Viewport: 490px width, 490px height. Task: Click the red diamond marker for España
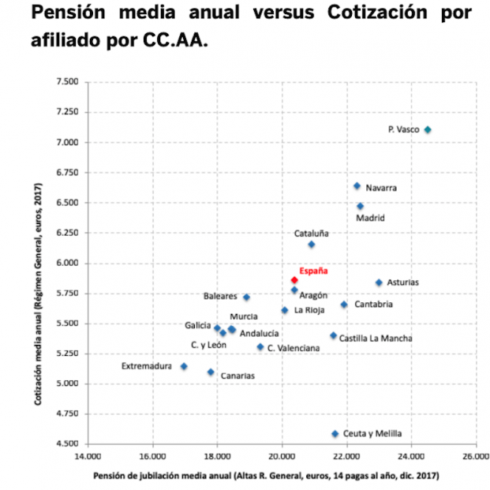[x=294, y=280]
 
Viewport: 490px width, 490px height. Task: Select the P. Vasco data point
[x=428, y=129]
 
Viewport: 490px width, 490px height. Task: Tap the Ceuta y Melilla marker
[x=335, y=434]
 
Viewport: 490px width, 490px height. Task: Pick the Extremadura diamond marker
[x=184, y=366]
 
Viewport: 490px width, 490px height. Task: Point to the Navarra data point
[x=357, y=186]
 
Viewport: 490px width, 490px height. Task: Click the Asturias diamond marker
[x=379, y=282]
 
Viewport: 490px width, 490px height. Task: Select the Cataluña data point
[x=312, y=245]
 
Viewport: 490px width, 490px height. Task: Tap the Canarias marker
[x=211, y=372]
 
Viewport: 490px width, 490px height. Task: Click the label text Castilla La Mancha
[x=376, y=339]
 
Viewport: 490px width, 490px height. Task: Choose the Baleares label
[x=220, y=297]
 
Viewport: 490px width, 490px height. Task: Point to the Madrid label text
[x=371, y=218]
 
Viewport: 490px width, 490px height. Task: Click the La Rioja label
[x=309, y=310]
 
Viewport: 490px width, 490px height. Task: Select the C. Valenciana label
[x=294, y=348]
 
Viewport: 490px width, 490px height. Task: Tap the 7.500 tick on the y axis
[x=67, y=82]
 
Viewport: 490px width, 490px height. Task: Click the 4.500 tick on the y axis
[x=67, y=444]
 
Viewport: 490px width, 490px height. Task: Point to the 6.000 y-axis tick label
[x=67, y=264]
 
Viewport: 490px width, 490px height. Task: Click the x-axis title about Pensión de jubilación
[x=266, y=477]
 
